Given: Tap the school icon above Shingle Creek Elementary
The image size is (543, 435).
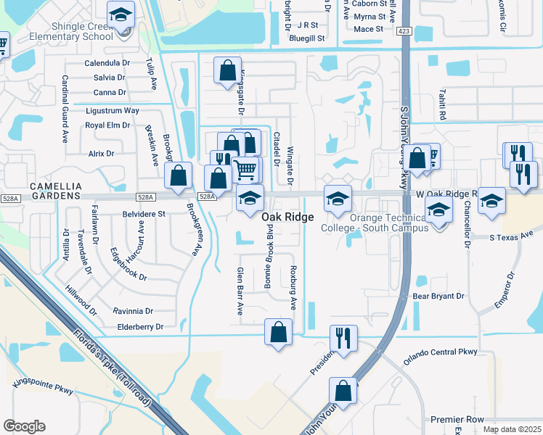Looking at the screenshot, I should point(120,14).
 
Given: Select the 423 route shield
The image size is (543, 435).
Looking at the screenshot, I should point(404,30).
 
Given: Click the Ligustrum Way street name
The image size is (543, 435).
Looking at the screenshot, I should point(112,110).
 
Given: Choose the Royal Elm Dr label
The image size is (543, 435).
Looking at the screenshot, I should point(107,125).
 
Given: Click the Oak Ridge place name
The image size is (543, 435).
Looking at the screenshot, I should point(287,217).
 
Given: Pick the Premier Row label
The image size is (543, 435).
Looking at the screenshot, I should point(457,420).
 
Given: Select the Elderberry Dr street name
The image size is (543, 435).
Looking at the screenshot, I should point(138,327).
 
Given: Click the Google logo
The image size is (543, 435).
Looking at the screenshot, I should point(24,426).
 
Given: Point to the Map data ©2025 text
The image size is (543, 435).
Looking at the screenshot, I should point(511,429).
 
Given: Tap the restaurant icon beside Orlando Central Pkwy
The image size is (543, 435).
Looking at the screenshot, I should point(343,337).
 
